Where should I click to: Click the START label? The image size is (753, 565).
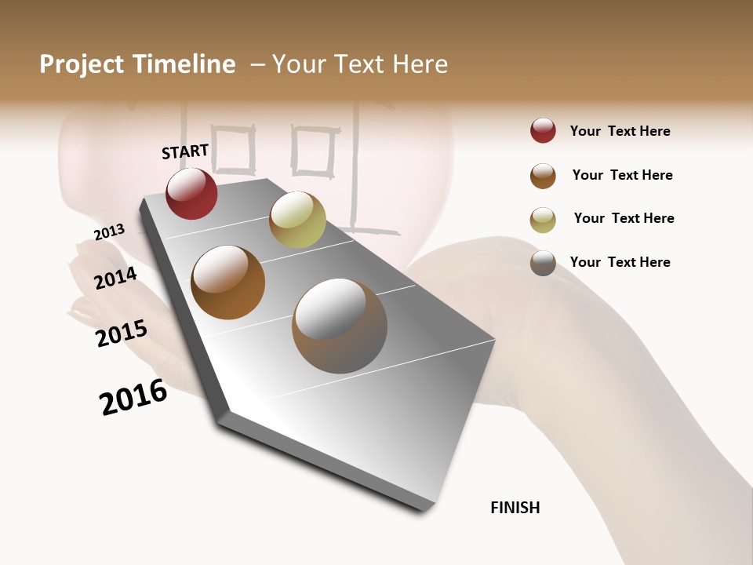185,151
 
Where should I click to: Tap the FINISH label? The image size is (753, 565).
515,508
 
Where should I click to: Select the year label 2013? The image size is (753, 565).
109,232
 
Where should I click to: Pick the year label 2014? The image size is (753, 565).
115,279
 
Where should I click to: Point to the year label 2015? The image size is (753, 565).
122,334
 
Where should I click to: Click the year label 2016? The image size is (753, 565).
133,397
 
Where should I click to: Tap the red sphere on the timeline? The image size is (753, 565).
191,194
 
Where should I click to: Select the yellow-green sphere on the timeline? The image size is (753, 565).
297,220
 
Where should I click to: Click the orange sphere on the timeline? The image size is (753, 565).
228,282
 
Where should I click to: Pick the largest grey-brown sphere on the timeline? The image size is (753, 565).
340,326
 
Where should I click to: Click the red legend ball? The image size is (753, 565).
543,131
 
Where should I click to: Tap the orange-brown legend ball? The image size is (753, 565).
543,176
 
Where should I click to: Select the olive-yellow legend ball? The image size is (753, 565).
543,220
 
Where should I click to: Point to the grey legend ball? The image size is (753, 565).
543,263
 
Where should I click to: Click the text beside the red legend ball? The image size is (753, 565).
620,131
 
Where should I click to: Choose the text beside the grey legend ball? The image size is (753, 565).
620,262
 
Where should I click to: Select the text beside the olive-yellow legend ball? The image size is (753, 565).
624,218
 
